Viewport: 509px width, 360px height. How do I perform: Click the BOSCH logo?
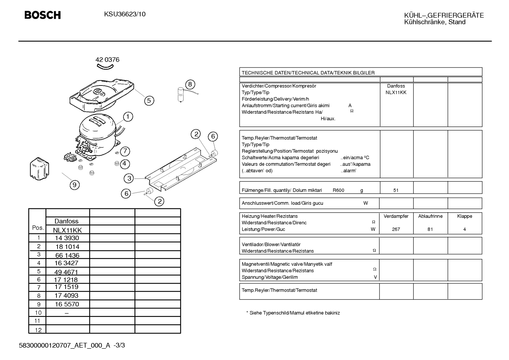click(42, 15)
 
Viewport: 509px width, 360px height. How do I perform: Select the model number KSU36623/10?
click(125, 14)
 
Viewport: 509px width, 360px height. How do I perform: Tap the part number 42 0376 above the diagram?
click(107, 60)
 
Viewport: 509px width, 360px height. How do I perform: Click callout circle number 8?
click(190, 84)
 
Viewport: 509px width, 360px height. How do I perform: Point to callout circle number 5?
click(149, 100)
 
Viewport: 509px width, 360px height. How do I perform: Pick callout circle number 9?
click(74, 185)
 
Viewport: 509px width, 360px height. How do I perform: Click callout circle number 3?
click(129, 178)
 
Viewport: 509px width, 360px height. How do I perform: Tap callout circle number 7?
click(125, 151)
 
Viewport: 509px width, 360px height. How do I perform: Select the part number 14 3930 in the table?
click(67, 238)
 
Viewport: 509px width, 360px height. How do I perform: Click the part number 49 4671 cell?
click(66, 272)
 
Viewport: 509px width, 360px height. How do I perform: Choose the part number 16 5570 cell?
click(67, 304)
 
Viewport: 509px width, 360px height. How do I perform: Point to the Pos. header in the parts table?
click(38, 228)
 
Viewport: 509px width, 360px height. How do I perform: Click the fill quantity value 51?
click(396, 190)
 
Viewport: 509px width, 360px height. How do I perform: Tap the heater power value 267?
click(396, 229)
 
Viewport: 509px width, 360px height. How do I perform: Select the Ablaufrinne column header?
click(430, 216)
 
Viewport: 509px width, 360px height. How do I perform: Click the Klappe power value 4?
click(465, 229)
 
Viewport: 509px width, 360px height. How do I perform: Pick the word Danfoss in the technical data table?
click(396, 86)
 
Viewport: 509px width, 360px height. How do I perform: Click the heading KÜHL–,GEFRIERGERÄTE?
click(444, 15)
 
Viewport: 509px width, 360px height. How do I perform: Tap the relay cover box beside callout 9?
click(39, 169)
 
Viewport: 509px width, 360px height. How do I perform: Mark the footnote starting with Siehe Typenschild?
click(293, 313)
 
